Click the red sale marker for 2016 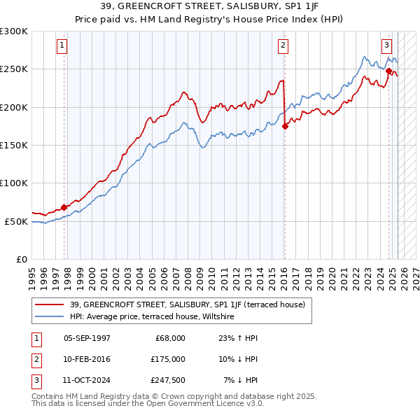[286, 127]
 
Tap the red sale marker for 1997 [64, 207]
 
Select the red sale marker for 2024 [388, 70]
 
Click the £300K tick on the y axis [14, 31]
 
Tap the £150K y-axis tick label [14, 146]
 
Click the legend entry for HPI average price [151, 317]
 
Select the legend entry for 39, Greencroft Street [187, 305]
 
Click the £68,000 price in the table [170, 338]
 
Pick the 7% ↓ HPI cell [241, 380]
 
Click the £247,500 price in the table [167, 380]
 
